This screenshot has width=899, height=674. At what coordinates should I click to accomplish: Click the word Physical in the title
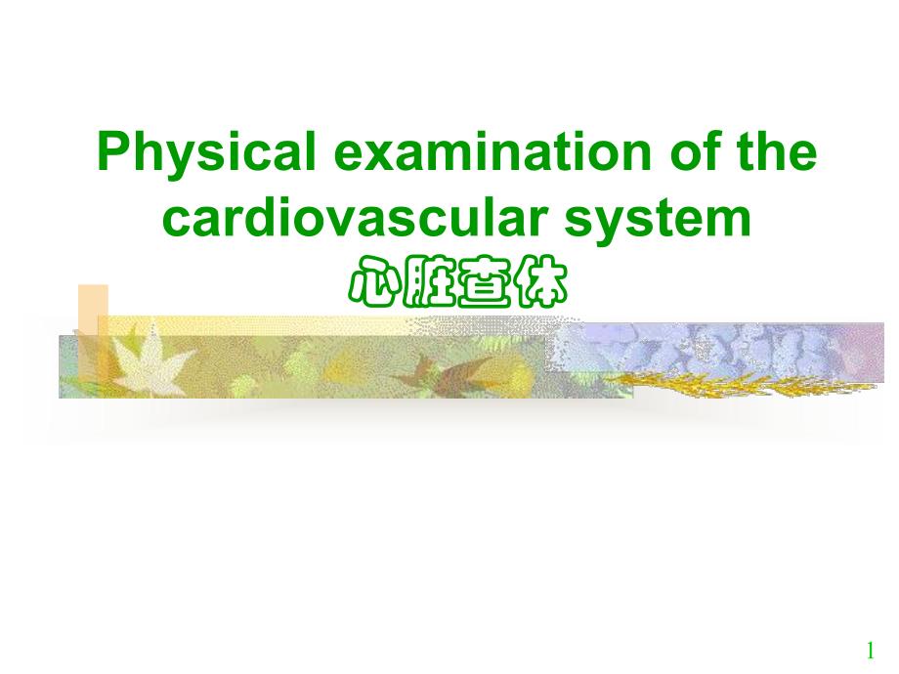206,152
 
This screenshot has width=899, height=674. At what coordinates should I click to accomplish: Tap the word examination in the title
492,151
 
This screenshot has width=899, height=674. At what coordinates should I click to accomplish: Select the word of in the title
695,150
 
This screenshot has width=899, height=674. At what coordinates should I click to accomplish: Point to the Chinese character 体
539,282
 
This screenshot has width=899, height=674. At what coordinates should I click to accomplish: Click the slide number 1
871,651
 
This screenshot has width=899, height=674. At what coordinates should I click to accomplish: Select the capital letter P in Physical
114,151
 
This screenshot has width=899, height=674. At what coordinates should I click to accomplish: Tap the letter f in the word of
711,150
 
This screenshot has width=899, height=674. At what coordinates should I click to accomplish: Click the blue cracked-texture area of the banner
716,349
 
